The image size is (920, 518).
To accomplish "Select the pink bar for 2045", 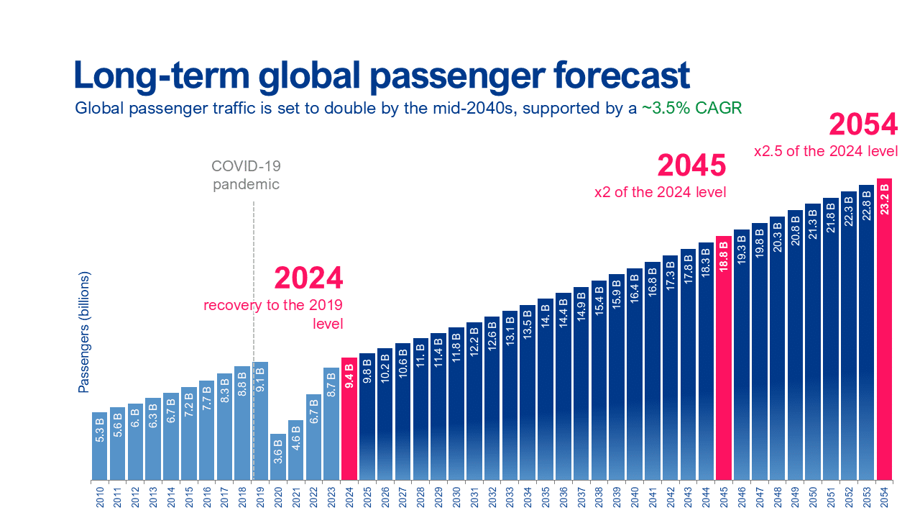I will [x=724, y=360].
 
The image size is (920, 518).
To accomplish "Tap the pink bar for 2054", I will [x=884, y=331].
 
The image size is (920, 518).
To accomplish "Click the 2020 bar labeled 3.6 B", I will [x=278, y=456].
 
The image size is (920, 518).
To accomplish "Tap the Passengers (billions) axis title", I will [x=83, y=332].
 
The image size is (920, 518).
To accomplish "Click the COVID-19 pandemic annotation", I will [x=246, y=175].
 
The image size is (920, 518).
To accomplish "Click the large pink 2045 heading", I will [x=691, y=165].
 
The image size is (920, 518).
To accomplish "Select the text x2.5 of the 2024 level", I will [x=826, y=152].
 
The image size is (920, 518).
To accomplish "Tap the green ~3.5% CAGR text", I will [x=691, y=109].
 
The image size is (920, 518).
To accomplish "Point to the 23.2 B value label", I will [x=884, y=199].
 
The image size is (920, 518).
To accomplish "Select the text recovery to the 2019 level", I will [x=274, y=314].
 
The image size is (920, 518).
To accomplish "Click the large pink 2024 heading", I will [x=308, y=278].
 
